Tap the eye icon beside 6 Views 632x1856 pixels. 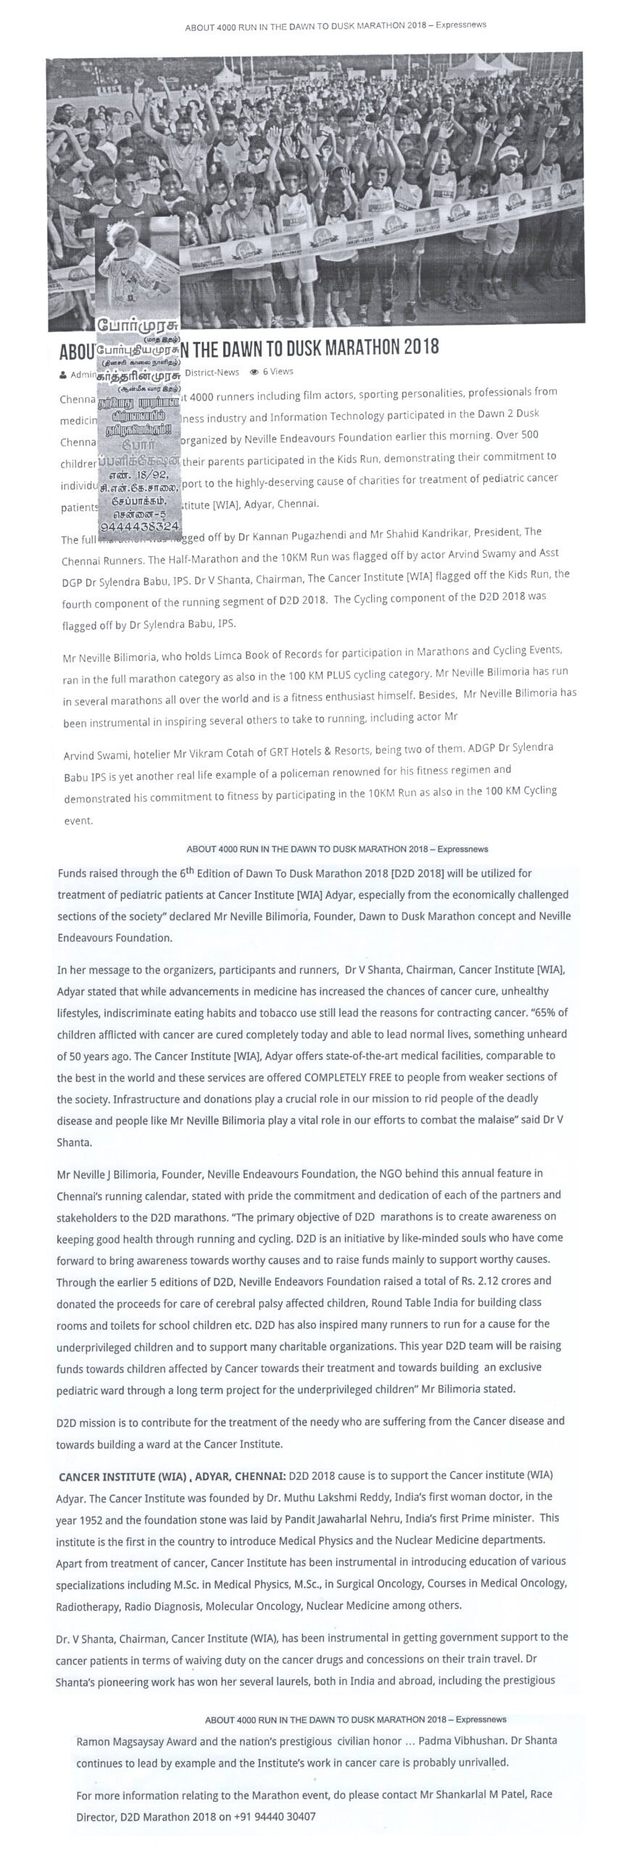pyautogui.click(x=254, y=372)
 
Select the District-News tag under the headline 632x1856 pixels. pyautogui.click(x=212, y=372)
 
